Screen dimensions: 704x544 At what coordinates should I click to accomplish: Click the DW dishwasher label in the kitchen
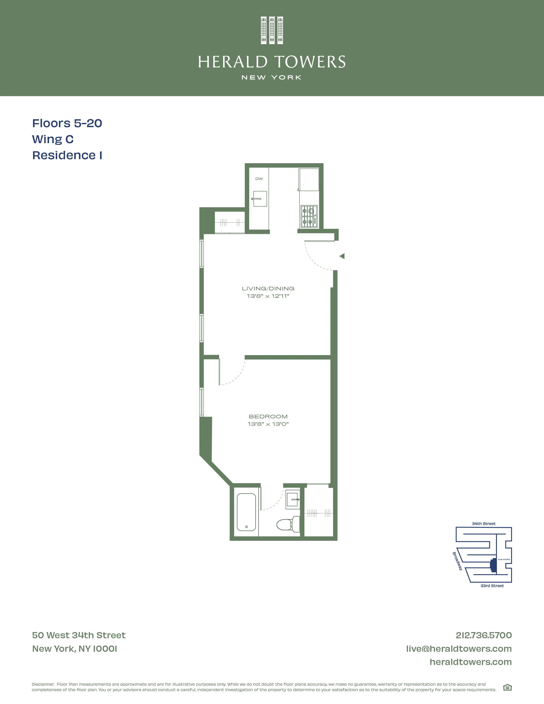tap(259, 179)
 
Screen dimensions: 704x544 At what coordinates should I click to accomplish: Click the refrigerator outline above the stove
tap(309, 180)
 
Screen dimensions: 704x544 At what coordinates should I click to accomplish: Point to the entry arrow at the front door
tap(342, 256)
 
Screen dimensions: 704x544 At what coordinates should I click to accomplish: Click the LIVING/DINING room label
tap(268, 288)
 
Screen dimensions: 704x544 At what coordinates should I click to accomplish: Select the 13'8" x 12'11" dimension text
tap(268, 296)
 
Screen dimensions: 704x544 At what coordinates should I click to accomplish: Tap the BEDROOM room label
tap(268, 416)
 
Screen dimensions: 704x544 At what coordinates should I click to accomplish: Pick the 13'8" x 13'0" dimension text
tap(268, 424)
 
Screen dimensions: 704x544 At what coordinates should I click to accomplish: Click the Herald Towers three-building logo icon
tap(272, 30)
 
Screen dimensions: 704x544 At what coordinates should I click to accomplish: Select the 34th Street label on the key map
tap(483, 524)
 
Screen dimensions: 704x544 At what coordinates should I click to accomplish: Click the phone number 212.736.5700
tap(483, 635)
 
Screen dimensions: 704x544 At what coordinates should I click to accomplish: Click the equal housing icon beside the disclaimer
tap(507, 688)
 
